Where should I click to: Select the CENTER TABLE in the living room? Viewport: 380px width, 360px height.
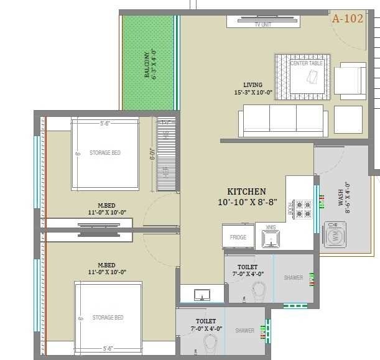click(x=303, y=76)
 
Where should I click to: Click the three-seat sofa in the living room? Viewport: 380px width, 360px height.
click(x=283, y=119)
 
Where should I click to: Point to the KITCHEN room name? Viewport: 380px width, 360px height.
click(x=246, y=192)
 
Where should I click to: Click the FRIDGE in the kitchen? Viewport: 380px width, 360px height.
click(x=238, y=237)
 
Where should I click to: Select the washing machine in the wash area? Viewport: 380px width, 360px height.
click(x=336, y=236)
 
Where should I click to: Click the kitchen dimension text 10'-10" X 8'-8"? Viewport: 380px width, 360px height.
click(x=246, y=202)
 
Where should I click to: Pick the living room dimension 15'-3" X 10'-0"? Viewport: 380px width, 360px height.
click(x=253, y=92)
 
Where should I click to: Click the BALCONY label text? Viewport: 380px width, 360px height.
click(x=147, y=64)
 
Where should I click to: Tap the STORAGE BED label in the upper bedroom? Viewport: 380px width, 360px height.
click(x=104, y=152)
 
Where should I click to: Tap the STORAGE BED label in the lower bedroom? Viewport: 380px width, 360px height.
click(x=108, y=318)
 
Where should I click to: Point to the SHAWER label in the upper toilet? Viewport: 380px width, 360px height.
click(x=293, y=277)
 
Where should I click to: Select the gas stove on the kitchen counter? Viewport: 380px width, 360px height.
click(x=302, y=208)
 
